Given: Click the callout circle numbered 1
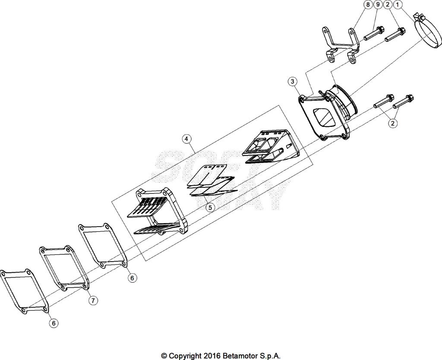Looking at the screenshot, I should coord(398,5).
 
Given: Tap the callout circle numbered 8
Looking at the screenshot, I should coord(367,5).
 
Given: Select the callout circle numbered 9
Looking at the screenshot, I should coord(377,5).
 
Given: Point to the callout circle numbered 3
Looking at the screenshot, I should coord(293,81).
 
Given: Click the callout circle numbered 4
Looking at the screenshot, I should coord(186,139).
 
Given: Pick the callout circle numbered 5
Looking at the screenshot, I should coord(210,207).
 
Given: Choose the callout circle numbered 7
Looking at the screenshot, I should coord(93,301).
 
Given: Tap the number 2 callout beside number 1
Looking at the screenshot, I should coord(388,5).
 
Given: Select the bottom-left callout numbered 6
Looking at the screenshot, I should coord(54,322).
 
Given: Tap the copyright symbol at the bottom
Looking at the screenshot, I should coord(164,356).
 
